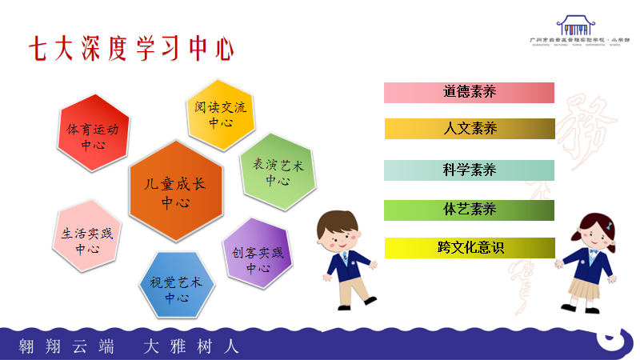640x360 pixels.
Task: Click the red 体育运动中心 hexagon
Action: coord(93,134)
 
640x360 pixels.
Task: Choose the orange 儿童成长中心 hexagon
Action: coord(174,191)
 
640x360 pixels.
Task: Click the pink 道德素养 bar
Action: coord(469,92)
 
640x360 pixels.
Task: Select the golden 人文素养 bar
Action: coord(469,128)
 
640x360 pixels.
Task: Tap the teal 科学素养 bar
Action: coord(469,170)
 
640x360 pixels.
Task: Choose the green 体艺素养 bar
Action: coord(469,210)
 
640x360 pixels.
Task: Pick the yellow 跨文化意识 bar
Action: coord(469,248)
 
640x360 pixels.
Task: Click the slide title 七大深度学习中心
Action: coord(131,48)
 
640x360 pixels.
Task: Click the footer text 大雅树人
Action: coord(190,346)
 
